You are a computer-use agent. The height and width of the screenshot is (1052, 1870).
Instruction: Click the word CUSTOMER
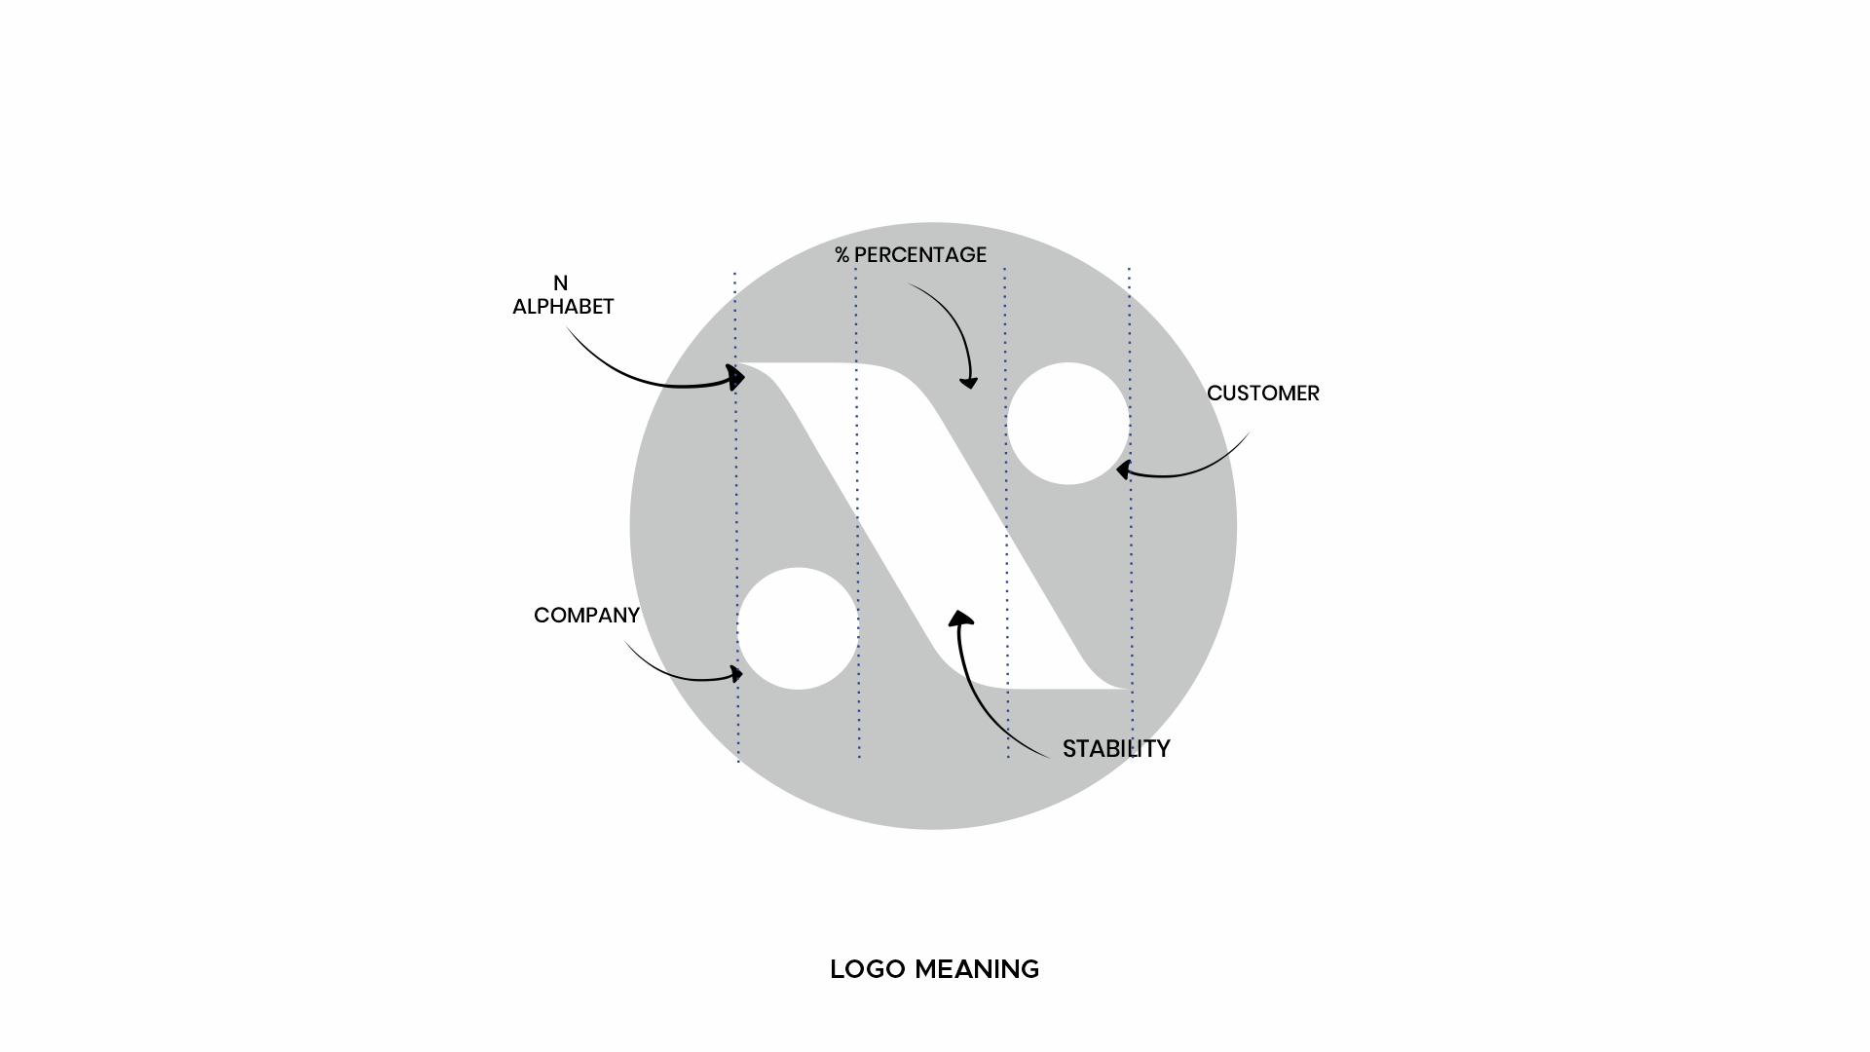(1262, 394)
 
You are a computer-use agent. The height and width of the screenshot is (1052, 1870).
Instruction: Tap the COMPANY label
(586, 616)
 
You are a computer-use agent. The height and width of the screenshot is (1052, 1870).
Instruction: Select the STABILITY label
(1116, 749)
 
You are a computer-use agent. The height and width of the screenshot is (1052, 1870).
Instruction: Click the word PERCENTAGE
(920, 255)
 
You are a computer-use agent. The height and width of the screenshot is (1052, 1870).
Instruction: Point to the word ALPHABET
(563, 307)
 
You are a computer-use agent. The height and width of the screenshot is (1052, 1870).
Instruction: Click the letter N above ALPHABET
(560, 283)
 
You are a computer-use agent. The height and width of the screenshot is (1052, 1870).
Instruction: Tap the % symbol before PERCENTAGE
(842, 255)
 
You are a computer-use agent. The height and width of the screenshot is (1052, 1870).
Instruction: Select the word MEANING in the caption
(977, 970)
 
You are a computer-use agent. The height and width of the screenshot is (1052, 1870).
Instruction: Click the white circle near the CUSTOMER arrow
(1068, 424)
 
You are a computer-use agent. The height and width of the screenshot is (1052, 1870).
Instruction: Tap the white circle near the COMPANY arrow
(798, 628)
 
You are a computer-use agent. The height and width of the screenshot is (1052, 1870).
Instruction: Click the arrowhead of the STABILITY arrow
(960, 620)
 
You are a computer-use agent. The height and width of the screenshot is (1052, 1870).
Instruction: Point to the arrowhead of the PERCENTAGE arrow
(968, 382)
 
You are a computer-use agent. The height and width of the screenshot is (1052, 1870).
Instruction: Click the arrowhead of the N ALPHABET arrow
(736, 377)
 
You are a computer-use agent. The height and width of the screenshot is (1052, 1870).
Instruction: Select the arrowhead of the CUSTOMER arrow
(1123, 470)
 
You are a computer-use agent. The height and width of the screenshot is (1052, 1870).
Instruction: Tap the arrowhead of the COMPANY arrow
(735, 673)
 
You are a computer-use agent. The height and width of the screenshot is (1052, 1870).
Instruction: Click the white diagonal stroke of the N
(932, 526)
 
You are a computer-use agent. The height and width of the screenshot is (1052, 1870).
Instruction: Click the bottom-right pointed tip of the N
(1127, 689)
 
